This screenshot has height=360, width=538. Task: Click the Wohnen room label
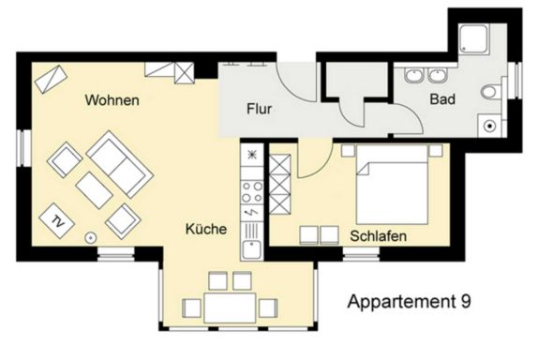[x=112, y=100]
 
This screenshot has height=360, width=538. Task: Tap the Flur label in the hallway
[x=260, y=109]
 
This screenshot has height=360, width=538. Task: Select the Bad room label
[x=442, y=99]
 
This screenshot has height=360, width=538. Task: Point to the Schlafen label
[x=378, y=236]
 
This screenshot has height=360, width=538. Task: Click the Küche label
[x=206, y=229]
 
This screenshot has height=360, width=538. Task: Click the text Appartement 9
[x=409, y=302]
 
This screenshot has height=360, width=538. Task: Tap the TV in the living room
[x=57, y=220]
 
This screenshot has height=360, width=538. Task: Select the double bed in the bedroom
[x=392, y=185]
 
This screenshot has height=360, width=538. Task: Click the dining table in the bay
[x=230, y=307]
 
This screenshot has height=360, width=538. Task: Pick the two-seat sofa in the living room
[x=120, y=164]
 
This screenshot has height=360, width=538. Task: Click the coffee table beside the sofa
[x=94, y=190]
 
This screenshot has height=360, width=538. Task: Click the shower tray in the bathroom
[x=473, y=38]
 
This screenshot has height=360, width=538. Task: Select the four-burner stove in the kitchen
[x=252, y=192]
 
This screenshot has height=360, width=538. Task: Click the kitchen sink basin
[x=252, y=249]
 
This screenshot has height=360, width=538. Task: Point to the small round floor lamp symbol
[x=91, y=237]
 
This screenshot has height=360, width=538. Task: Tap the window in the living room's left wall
[x=24, y=148]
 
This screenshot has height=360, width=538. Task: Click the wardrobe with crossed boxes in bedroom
[x=279, y=185]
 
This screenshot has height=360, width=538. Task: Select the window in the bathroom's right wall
[x=516, y=81]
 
